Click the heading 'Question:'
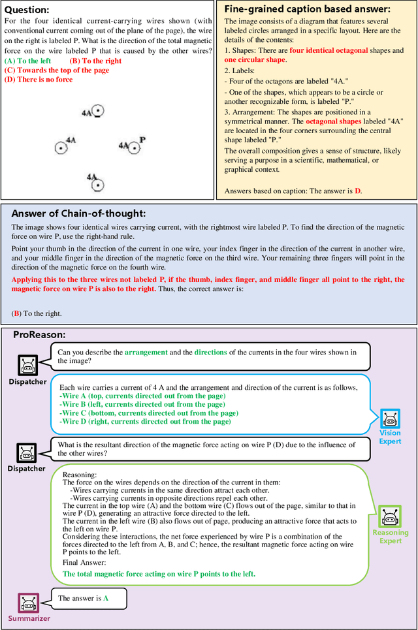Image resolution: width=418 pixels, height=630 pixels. [x=27, y=10]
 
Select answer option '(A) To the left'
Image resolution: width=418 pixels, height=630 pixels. [x=27, y=61]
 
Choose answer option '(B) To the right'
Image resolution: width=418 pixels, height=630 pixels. [x=95, y=61]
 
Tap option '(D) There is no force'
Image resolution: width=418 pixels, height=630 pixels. [x=39, y=79]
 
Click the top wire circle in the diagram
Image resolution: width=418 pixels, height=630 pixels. [x=97, y=112]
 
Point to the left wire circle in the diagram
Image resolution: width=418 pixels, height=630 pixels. [x=61, y=148]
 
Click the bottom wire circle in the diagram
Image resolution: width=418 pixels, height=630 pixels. [x=97, y=185]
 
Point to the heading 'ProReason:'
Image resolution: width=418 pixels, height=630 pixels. [x=39, y=334]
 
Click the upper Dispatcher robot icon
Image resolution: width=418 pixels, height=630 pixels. [x=27, y=366]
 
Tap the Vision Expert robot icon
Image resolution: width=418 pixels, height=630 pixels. [x=390, y=418]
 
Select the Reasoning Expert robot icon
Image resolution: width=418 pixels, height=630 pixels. [x=390, y=518]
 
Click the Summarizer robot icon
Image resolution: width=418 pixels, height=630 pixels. [x=29, y=603]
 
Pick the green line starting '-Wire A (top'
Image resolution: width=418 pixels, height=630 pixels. [x=142, y=396]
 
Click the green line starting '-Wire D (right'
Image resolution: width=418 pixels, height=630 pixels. [x=145, y=422]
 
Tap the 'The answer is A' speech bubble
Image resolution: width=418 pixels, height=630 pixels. [x=84, y=598]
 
